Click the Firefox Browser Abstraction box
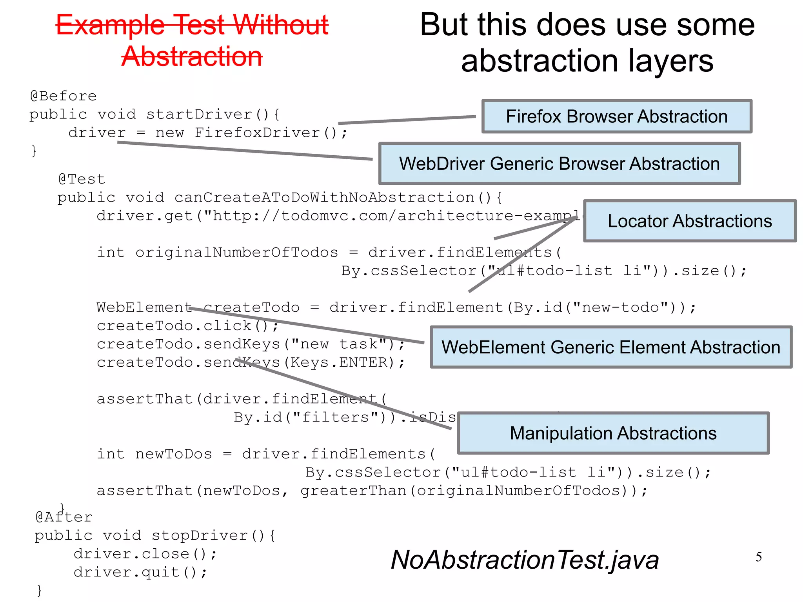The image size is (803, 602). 616,116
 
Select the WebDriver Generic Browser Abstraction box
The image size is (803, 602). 559,164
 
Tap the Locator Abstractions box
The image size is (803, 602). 689,221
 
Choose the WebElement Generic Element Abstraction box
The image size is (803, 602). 611,347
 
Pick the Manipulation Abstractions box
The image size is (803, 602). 613,433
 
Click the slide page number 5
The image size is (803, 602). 759,557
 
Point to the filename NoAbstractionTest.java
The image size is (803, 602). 525,560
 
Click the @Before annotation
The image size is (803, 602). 63,96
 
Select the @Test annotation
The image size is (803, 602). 82,179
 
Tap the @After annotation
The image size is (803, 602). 64,517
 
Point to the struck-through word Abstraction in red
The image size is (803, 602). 192,56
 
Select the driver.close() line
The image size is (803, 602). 145,554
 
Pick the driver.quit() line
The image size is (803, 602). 140,572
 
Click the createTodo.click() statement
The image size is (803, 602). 187,326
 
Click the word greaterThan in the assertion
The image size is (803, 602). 353,491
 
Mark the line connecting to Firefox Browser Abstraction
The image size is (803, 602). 407,120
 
